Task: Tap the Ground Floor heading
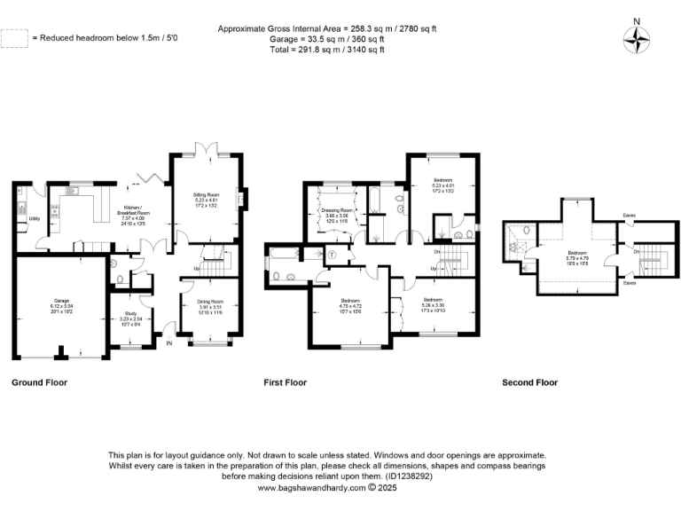coord(39,383)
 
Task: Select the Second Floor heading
coord(529,383)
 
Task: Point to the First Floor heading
coord(285,383)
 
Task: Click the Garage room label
coord(60,305)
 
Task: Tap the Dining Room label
coord(209,307)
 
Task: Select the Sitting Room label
coord(210,199)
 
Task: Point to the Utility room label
coord(35,217)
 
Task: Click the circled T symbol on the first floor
coord(331,254)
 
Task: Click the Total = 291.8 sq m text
coord(328,50)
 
